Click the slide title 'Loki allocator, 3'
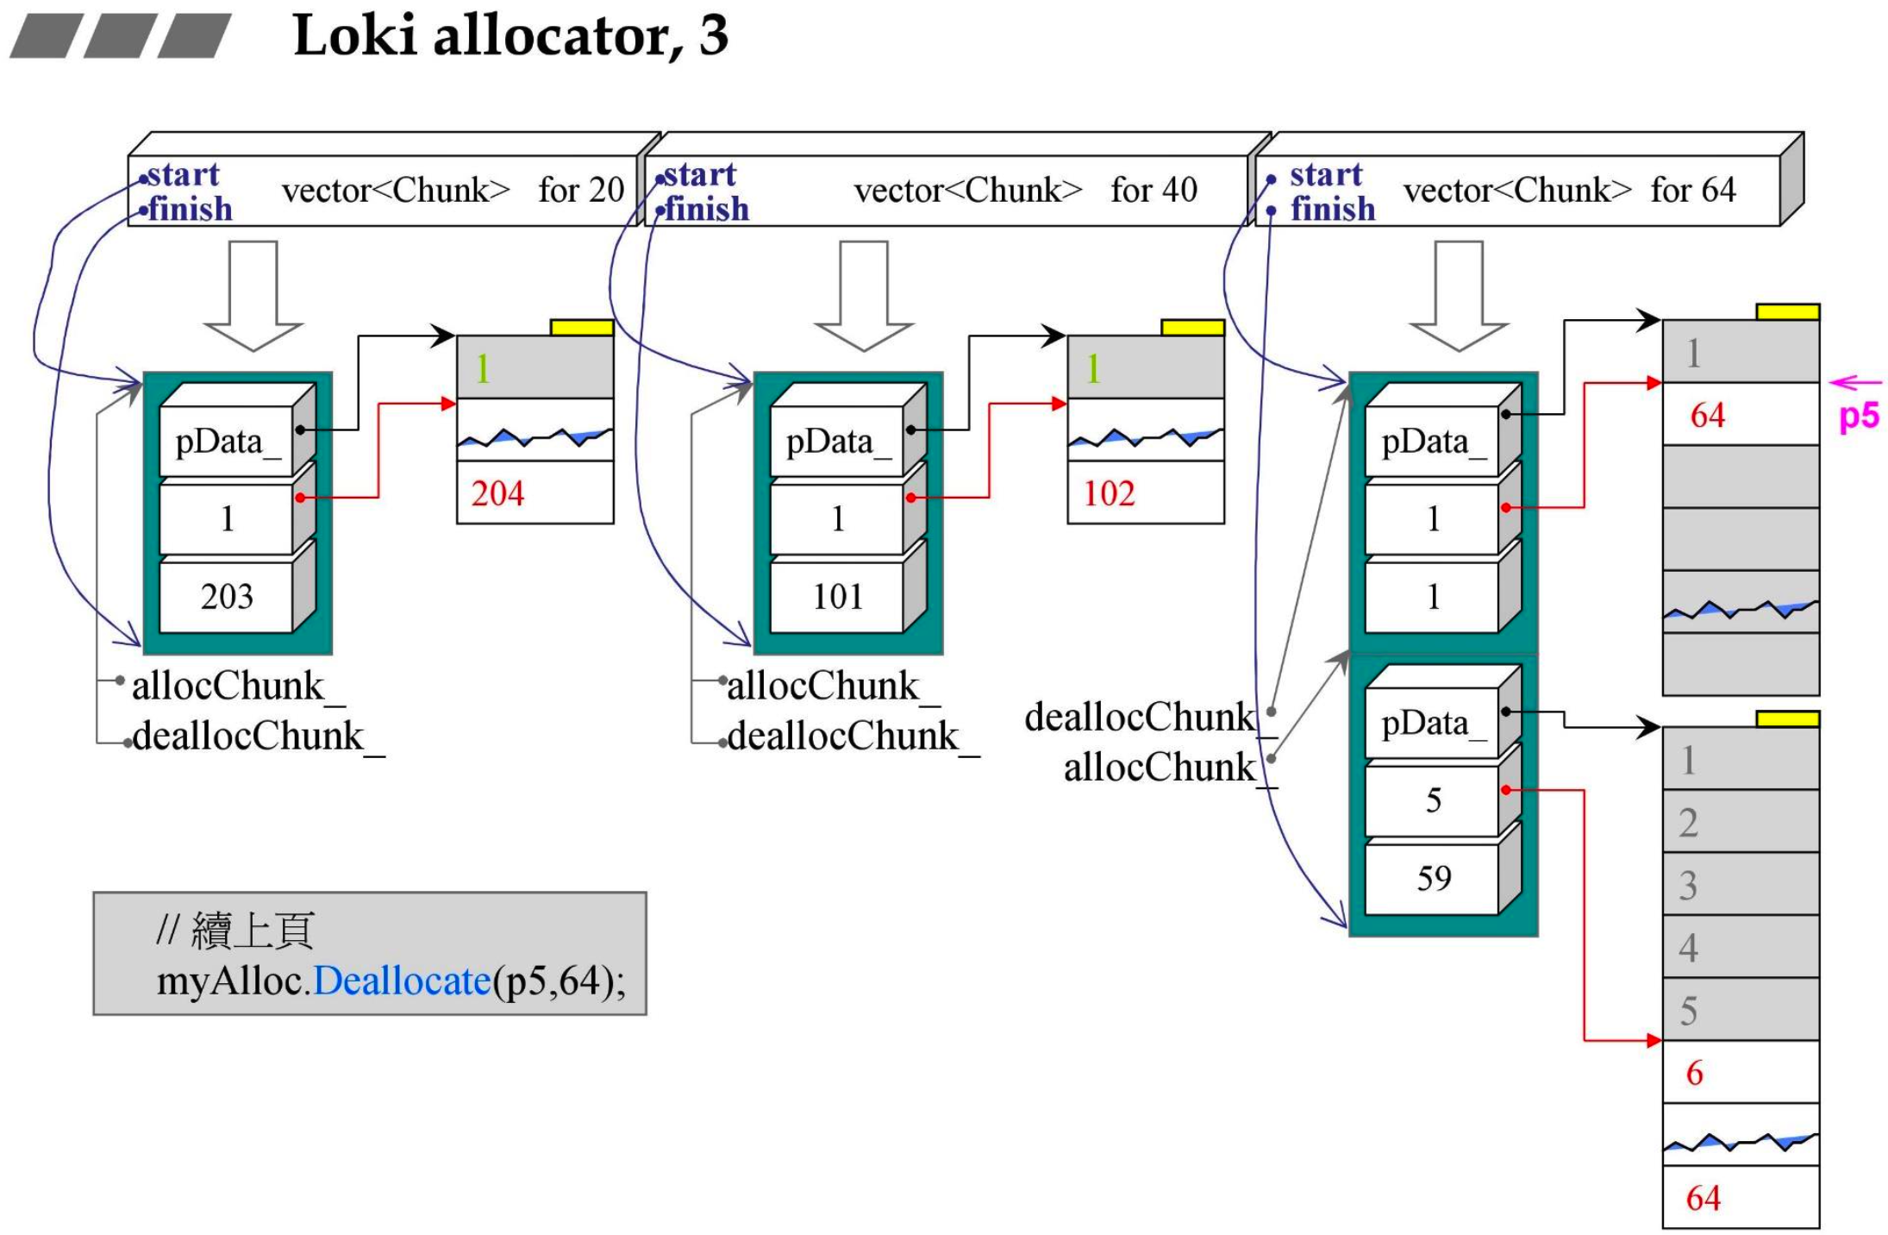pyautogui.click(x=510, y=36)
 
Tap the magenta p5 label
pyautogui.click(x=1859, y=416)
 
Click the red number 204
pyautogui.click(x=497, y=494)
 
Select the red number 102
pyautogui.click(x=1109, y=494)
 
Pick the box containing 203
pyautogui.click(x=227, y=597)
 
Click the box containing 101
pyautogui.click(x=837, y=597)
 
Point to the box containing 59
pyautogui.click(x=1433, y=878)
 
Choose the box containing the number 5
pyautogui.click(x=1433, y=800)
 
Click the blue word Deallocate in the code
pyautogui.click(x=402, y=981)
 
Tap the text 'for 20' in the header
pyautogui.click(x=581, y=191)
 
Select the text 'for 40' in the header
pyautogui.click(x=1153, y=191)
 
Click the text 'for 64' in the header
pyautogui.click(x=1692, y=191)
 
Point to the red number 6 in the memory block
pyautogui.click(x=1695, y=1073)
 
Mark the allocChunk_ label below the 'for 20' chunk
pyautogui.click(x=228, y=686)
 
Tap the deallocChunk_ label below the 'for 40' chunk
pyautogui.click(x=843, y=737)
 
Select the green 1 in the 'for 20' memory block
pyautogui.click(x=483, y=369)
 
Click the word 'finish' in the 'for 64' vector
pyautogui.click(x=1332, y=210)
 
